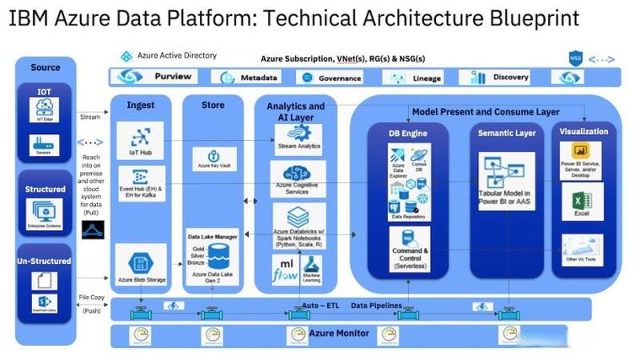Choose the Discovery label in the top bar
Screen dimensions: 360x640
(510, 77)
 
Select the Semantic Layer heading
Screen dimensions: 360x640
(507, 132)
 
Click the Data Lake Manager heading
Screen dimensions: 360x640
(212, 239)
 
